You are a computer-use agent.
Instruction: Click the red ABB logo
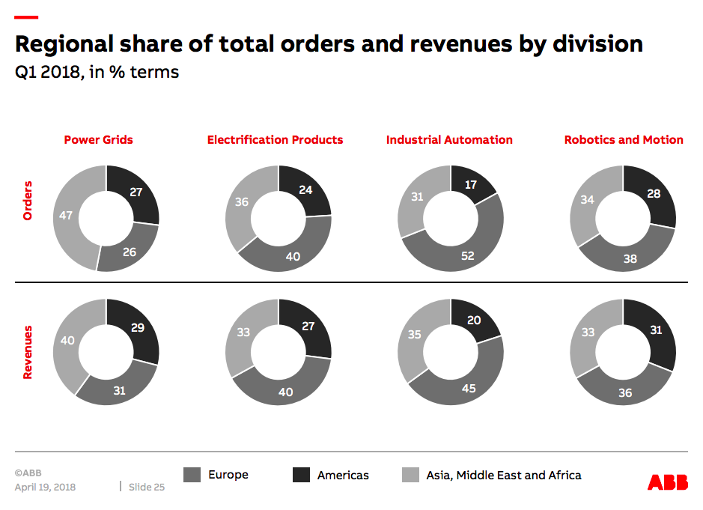point(667,482)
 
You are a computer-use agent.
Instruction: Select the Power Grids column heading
point(98,140)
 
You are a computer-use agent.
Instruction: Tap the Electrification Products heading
point(275,140)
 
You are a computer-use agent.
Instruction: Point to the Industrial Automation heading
point(449,140)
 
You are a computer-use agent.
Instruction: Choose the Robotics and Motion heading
point(624,140)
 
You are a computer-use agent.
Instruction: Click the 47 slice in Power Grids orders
point(66,216)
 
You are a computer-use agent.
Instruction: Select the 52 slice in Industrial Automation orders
point(467,255)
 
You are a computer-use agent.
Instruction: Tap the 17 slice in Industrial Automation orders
point(470,183)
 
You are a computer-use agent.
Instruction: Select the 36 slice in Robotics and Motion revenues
point(625,392)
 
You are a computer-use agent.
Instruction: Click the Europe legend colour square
point(192,475)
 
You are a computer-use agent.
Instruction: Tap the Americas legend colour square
point(302,475)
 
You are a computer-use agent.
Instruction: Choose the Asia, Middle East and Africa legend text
point(503,475)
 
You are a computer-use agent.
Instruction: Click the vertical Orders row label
point(28,200)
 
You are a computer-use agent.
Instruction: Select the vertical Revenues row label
point(28,351)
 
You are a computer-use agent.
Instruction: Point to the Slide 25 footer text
point(147,488)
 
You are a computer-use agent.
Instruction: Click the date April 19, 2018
point(45,488)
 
